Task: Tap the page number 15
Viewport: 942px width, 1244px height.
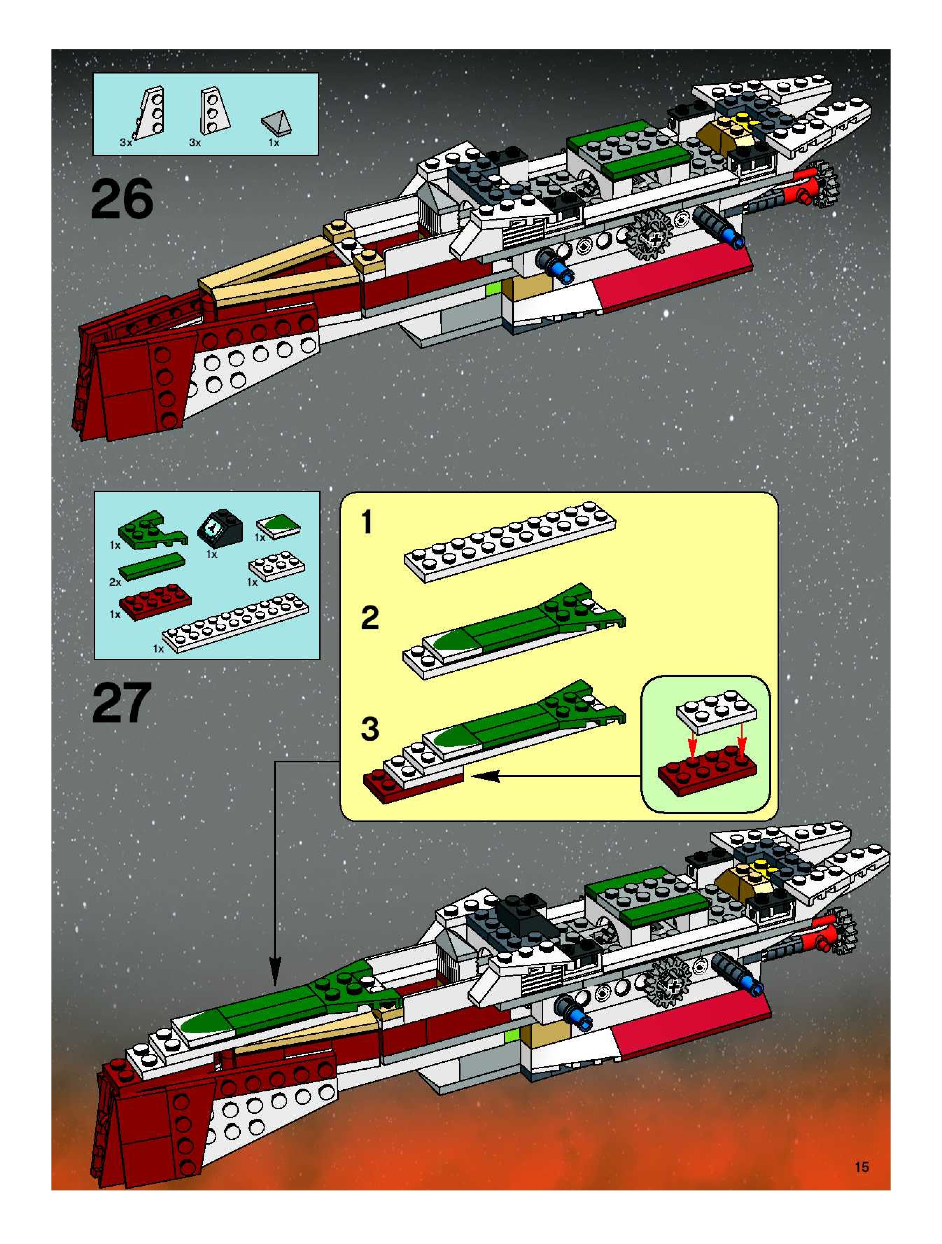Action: pyautogui.click(x=861, y=1167)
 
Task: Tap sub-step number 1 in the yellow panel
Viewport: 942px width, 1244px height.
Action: pyautogui.click(x=367, y=522)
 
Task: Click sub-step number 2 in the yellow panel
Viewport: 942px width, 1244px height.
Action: pyautogui.click(x=370, y=618)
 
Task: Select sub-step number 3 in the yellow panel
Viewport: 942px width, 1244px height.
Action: pyautogui.click(x=370, y=728)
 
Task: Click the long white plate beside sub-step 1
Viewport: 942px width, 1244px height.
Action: pyautogui.click(x=509, y=541)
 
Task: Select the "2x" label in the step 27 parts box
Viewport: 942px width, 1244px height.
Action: pyautogui.click(x=115, y=582)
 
